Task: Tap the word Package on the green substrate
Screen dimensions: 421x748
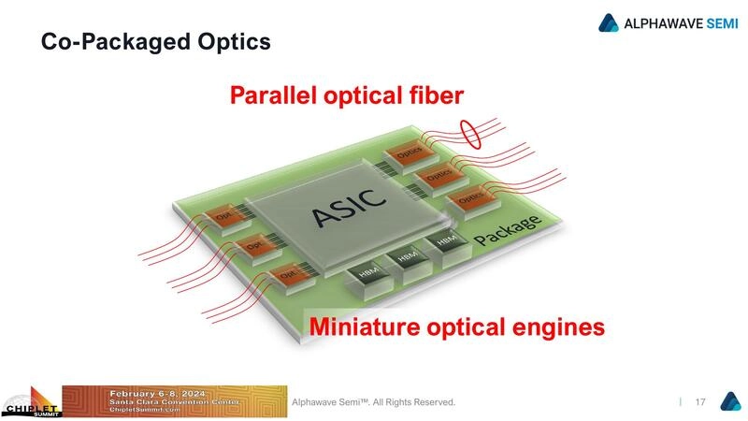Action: coord(506,231)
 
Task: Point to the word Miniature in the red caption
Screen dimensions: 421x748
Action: coord(372,327)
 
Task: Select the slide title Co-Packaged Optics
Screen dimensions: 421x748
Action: coord(155,42)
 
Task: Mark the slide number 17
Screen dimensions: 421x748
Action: coord(699,402)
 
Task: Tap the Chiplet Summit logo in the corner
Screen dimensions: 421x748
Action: coord(30,402)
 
